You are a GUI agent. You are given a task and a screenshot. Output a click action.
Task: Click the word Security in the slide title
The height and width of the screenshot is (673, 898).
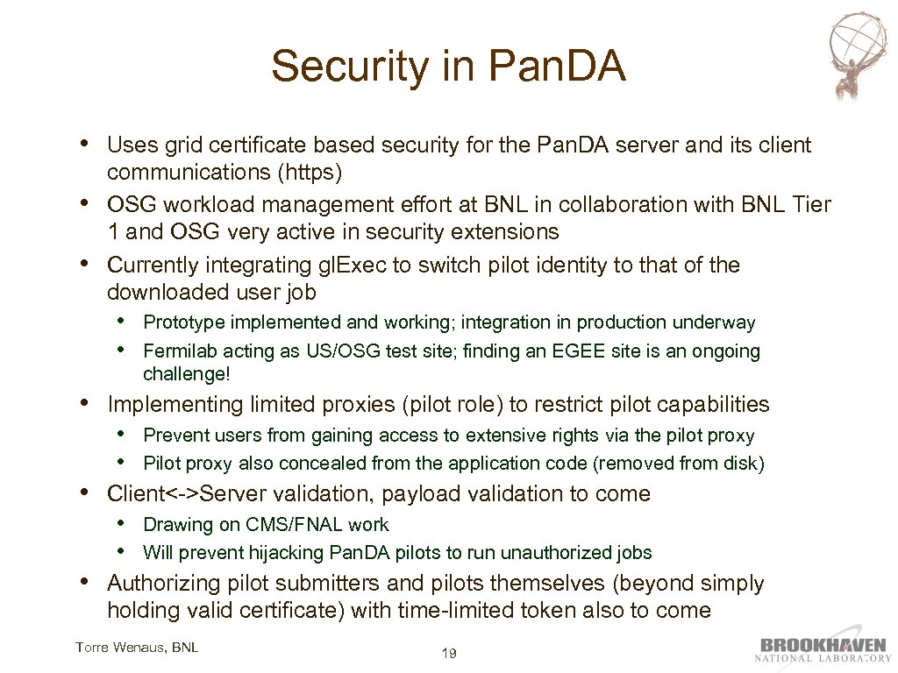click(x=329, y=67)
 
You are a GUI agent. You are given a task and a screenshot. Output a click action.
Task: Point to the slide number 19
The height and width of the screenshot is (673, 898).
click(x=449, y=653)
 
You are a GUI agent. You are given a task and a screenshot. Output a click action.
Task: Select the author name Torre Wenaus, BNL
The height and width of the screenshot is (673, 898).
click(x=137, y=648)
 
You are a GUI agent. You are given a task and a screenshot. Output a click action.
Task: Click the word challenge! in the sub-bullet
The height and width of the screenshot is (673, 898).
click(x=184, y=374)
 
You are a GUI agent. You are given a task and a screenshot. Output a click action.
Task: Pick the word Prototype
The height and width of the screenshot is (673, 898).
click(x=182, y=322)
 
